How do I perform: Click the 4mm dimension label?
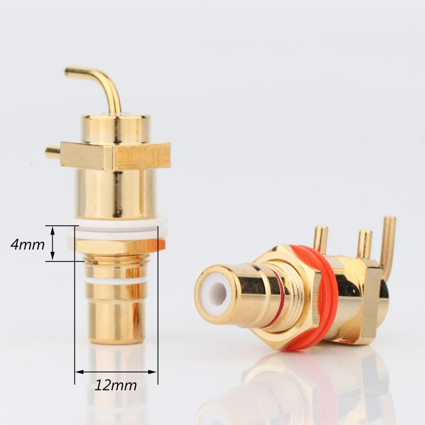(x=28, y=245)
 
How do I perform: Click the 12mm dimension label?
(x=116, y=385)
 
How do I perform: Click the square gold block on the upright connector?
(x=115, y=156)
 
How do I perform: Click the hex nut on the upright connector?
(x=117, y=246)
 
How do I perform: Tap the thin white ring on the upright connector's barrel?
(x=116, y=280)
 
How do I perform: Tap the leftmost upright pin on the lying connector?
(x=320, y=239)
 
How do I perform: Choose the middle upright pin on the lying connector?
(x=364, y=244)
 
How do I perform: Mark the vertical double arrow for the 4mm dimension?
(x=53, y=243)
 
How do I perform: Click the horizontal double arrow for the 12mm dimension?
(x=116, y=372)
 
